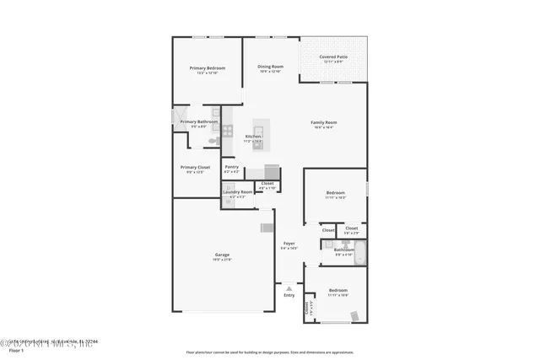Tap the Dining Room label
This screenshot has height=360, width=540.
coord(270,66)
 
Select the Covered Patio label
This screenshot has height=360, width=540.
coord(333,56)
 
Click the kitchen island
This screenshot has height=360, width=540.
coord(257,135)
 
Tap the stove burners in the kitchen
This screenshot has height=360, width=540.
coord(228,131)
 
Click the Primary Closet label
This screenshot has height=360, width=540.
coord(196,167)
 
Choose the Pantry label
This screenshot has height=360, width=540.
coord(232,167)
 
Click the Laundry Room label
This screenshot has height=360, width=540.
coord(238,192)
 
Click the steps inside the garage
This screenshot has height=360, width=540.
coord(267,227)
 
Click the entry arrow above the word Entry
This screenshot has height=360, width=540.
coord(289,288)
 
